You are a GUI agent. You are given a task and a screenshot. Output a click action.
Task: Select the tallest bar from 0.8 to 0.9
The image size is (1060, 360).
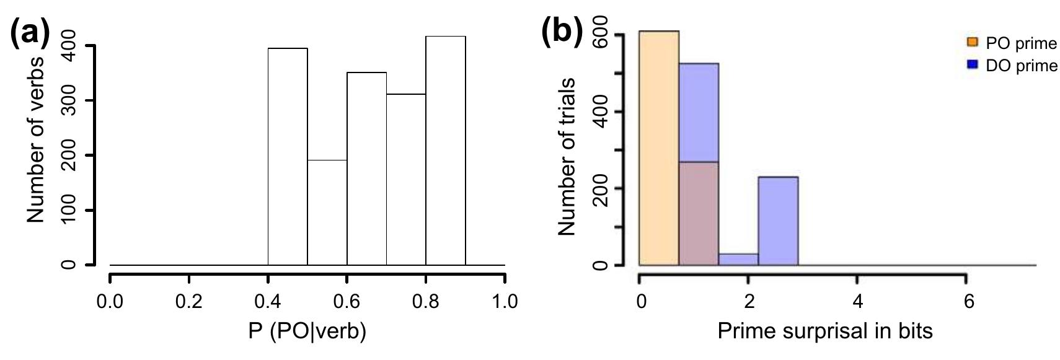click(x=445, y=151)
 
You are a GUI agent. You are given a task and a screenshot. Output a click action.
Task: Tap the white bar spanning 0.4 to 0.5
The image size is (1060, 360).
click(x=287, y=157)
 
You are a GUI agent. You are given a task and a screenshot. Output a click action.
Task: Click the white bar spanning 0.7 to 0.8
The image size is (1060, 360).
click(x=405, y=180)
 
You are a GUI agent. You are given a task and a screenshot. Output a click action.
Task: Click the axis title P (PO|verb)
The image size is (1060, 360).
click(x=307, y=331)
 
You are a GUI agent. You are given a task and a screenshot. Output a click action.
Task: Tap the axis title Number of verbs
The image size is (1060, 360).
click(x=35, y=139)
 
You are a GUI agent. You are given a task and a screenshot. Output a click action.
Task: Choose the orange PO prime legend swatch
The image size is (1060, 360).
click(x=972, y=43)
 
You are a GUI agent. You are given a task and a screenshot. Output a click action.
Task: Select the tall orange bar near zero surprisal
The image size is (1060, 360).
click(x=658, y=148)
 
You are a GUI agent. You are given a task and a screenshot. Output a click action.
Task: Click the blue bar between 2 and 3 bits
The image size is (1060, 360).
click(x=777, y=221)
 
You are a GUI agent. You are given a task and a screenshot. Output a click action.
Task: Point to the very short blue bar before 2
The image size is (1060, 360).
click(x=738, y=260)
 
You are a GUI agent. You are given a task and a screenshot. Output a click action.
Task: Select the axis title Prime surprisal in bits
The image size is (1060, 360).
click(x=824, y=331)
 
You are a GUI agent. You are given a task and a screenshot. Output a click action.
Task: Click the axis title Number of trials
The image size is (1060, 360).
click(x=568, y=157)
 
